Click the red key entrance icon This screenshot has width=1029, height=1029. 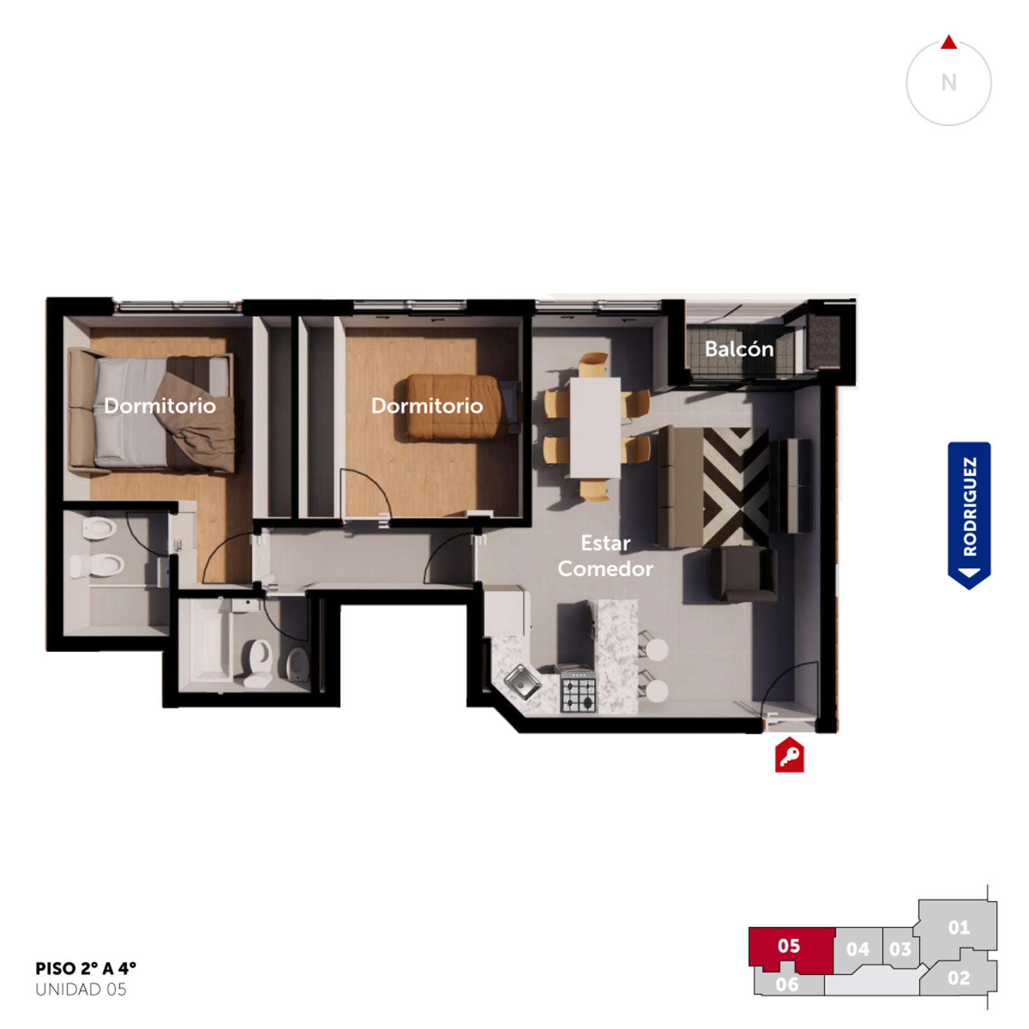click(x=789, y=755)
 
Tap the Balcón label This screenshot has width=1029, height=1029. click(x=739, y=349)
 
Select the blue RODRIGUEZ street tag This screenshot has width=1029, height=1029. click(x=969, y=515)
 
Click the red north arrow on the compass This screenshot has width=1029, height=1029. click(x=949, y=42)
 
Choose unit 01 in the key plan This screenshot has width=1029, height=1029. click(x=958, y=927)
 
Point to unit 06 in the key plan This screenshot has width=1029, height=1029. click(x=787, y=983)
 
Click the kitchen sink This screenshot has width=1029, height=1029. click(x=522, y=682)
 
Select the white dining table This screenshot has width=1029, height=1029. click(x=595, y=428)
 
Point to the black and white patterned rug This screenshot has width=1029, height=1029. click(x=736, y=487)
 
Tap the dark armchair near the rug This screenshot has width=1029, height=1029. click(x=746, y=574)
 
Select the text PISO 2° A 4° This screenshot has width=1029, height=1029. click(x=86, y=969)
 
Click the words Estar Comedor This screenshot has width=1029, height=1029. click(x=605, y=556)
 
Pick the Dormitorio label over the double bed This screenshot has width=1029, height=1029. click(x=160, y=406)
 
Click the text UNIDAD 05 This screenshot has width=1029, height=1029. click(x=81, y=989)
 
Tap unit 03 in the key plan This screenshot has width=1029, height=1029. click(x=900, y=949)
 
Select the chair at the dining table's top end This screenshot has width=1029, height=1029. click(x=593, y=364)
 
